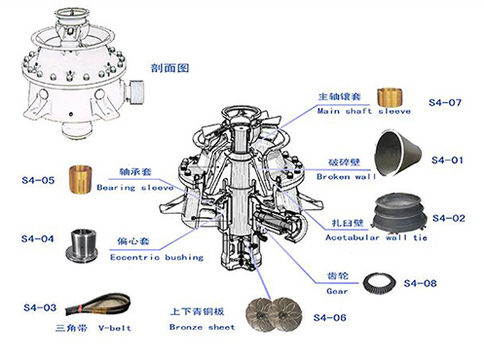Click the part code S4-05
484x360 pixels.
pos(35,180)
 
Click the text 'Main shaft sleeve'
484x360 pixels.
pos(357,111)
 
